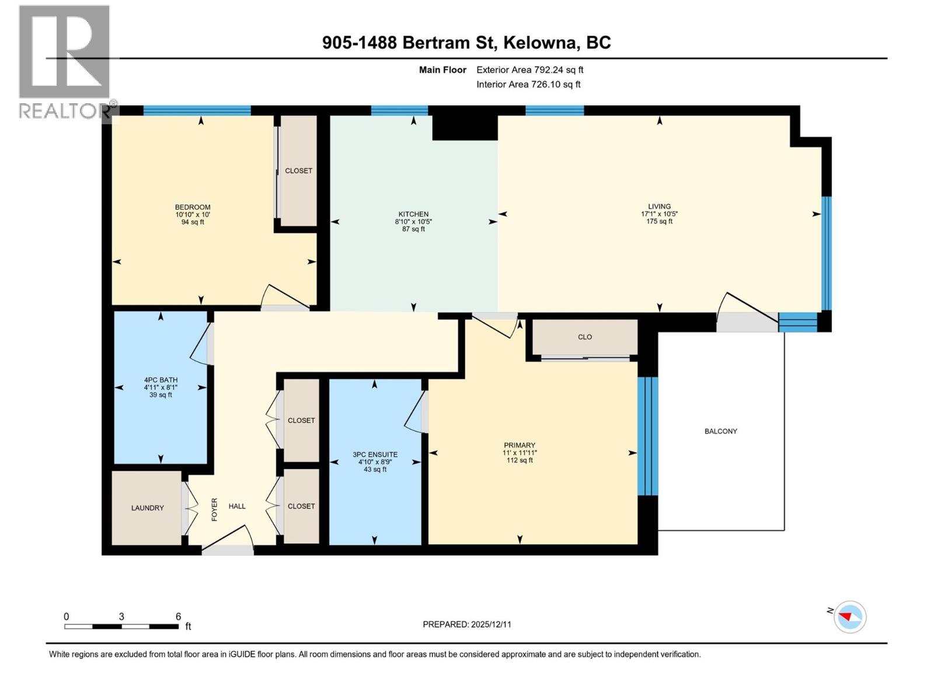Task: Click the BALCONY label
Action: coord(720,431)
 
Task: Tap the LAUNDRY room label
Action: coord(147,508)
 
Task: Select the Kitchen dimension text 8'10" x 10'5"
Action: coord(413,222)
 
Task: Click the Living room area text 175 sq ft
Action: coord(659,222)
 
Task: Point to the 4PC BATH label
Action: coord(161,380)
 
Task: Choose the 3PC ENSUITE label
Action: coord(375,454)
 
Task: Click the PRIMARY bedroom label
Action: coord(519,445)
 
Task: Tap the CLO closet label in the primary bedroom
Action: coord(584,337)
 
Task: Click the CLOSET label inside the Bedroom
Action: coord(298,171)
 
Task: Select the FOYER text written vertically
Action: coord(214,509)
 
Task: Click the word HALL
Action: coord(237,506)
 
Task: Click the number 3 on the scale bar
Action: coord(121,617)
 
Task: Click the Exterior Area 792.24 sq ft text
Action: coord(529,70)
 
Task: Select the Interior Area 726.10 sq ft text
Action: coord(528,85)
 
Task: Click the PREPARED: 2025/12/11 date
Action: coord(466,624)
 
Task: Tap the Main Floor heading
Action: coord(442,70)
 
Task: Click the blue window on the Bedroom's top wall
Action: coord(197,110)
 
